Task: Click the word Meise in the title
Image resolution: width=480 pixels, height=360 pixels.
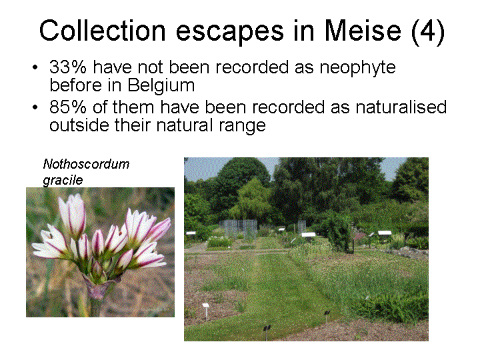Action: tap(362, 31)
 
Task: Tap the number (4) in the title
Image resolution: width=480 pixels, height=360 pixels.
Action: tap(428, 31)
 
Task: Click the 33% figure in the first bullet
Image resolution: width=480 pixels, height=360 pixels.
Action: tap(68, 67)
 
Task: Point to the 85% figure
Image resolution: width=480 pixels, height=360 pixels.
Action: tap(68, 107)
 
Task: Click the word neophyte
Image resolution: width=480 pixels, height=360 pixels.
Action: tap(357, 68)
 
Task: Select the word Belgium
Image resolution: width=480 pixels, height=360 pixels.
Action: tap(161, 86)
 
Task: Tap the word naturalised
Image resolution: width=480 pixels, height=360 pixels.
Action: tap(401, 107)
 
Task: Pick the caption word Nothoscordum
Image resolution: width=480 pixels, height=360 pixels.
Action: tap(86, 164)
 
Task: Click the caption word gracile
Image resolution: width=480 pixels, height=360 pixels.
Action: tap(63, 180)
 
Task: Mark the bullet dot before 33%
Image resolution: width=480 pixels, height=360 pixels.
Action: tap(35, 67)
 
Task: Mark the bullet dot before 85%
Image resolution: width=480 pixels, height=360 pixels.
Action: tap(35, 108)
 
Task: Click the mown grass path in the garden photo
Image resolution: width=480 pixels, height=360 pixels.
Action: tap(269, 291)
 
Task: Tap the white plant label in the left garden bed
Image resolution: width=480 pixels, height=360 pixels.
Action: tap(206, 305)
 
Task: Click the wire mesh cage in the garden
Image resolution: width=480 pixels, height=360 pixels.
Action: tap(238, 229)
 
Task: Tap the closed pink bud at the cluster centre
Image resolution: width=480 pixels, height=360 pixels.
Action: tap(97, 269)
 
